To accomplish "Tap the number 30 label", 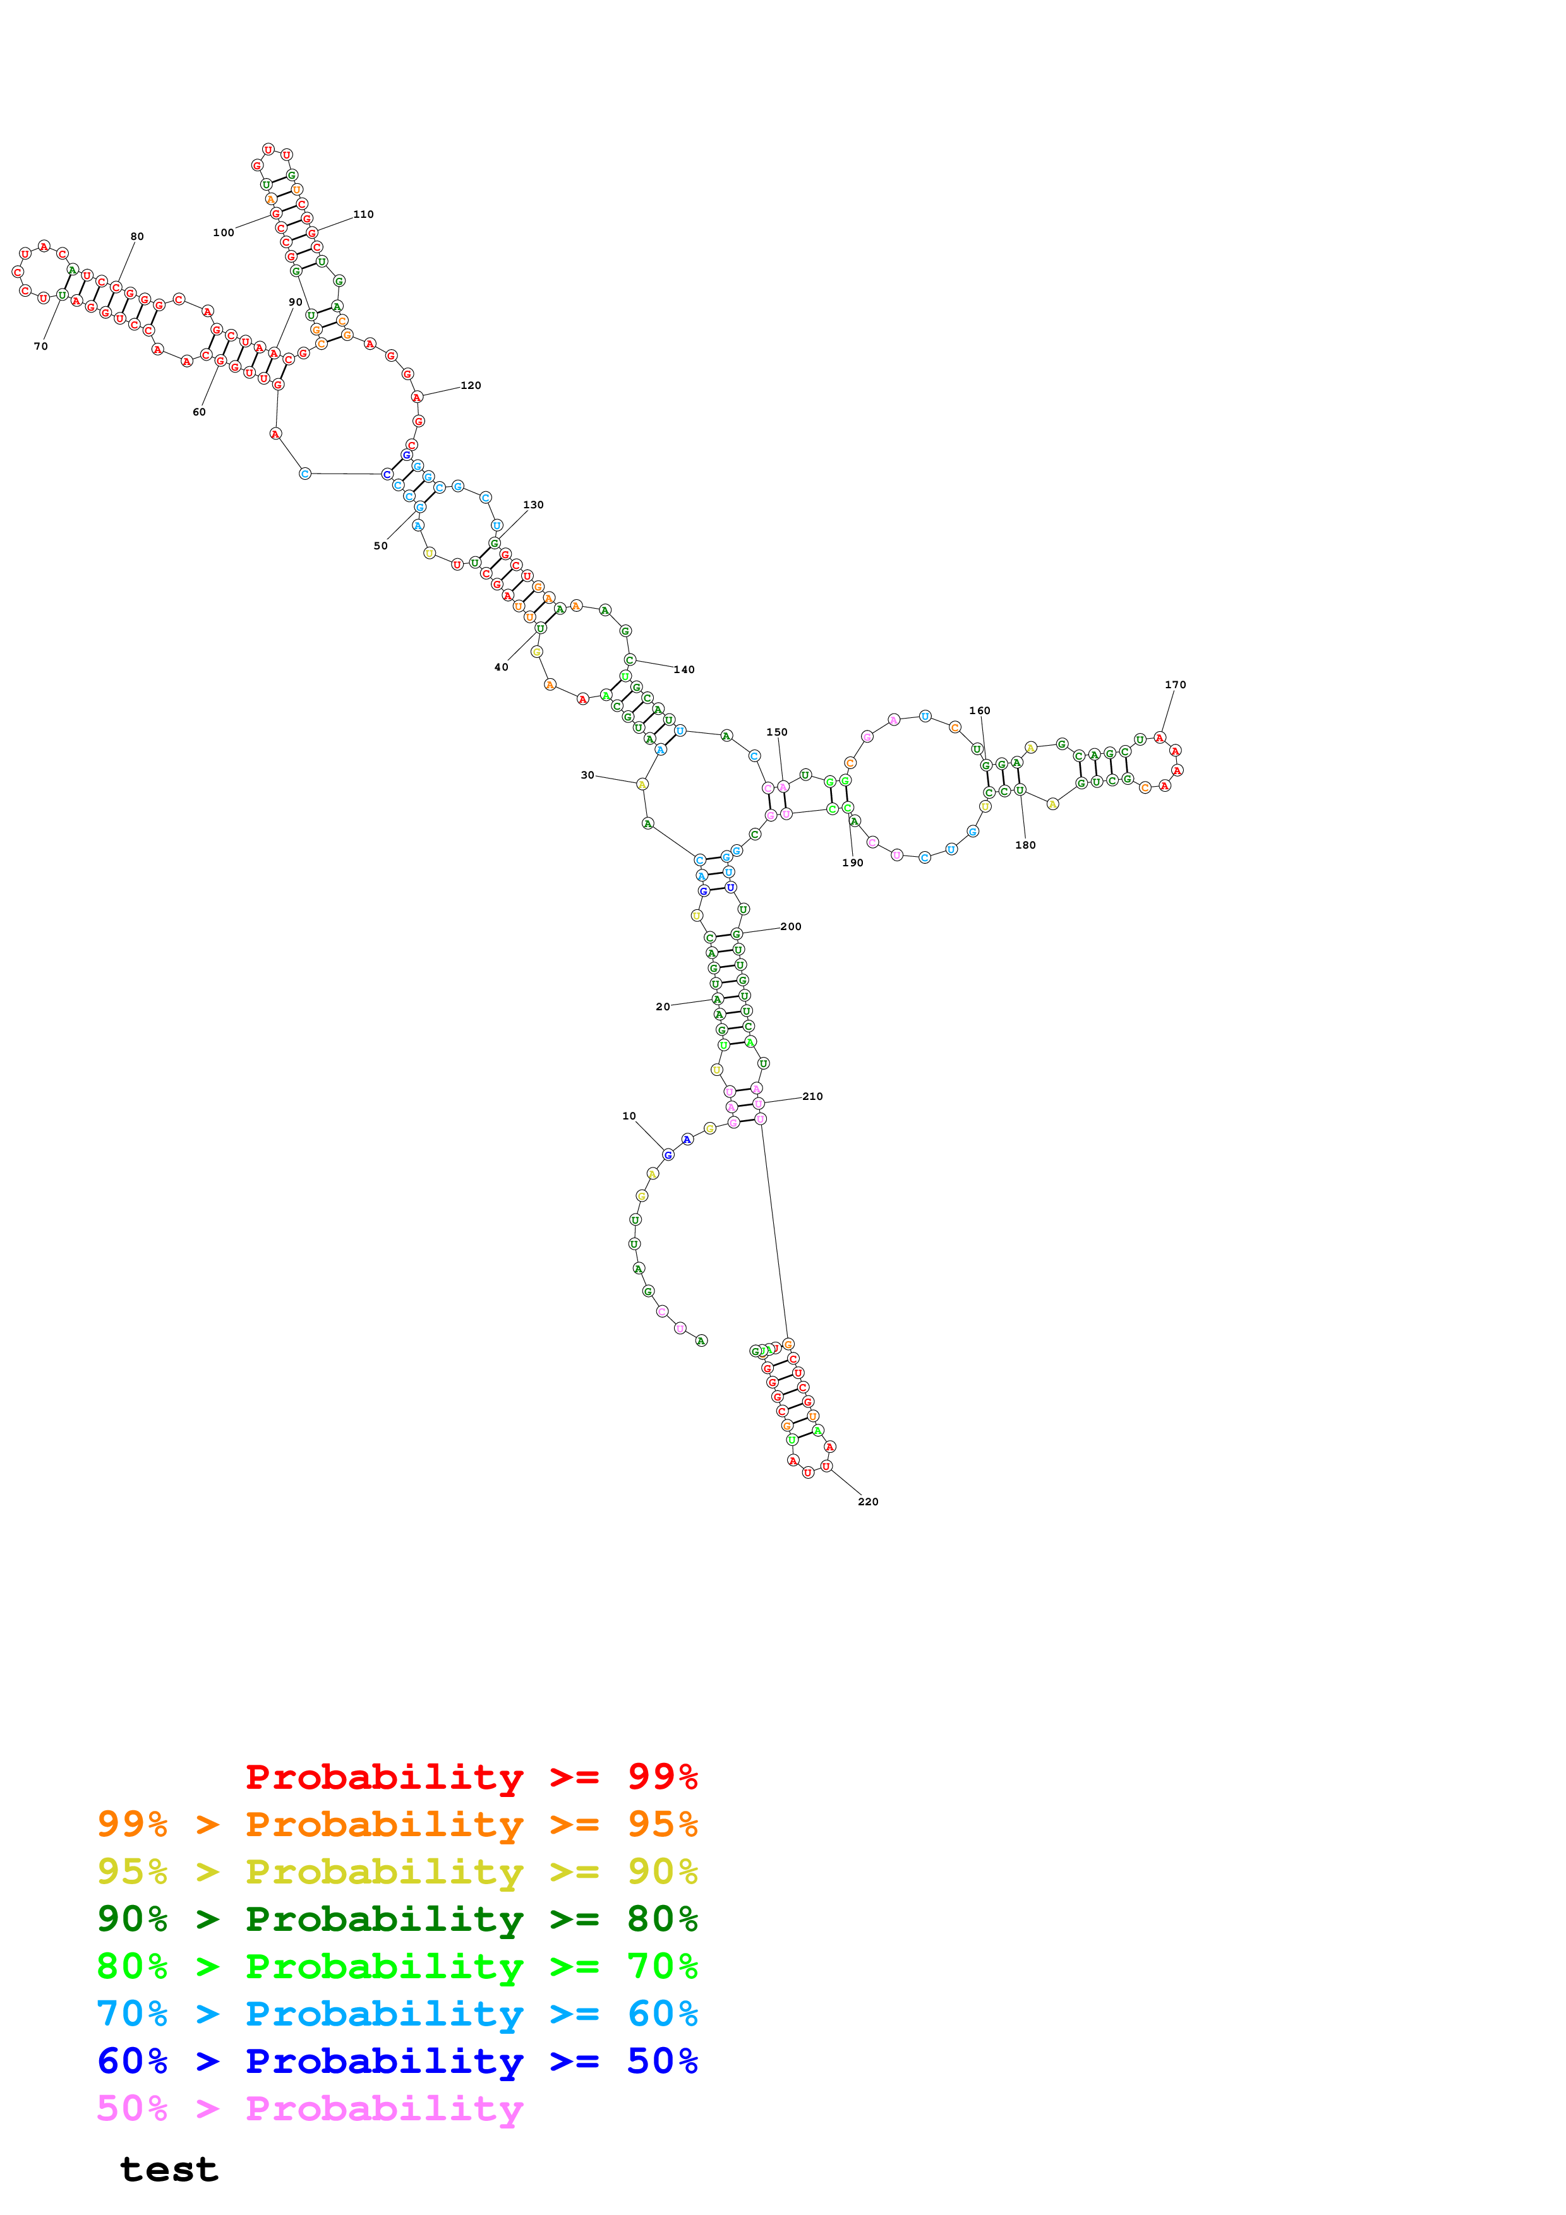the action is pos(587,775).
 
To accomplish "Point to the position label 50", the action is pos(380,546).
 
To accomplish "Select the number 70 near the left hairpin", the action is pos(40,347).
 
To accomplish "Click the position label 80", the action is pos(137,236).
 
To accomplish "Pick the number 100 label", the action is pos(223,232).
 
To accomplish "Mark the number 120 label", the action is pos(470,386).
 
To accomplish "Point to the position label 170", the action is pos(1174,685).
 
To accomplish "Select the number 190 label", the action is pos(852,863).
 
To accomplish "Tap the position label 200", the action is pos(790,926).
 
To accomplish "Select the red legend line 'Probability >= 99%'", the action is pos(471,1776).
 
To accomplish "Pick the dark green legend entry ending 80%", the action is pos(397,1919).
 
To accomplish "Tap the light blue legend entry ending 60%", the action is pos(397,2014).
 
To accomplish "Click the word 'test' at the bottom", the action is pos(169,2170).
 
